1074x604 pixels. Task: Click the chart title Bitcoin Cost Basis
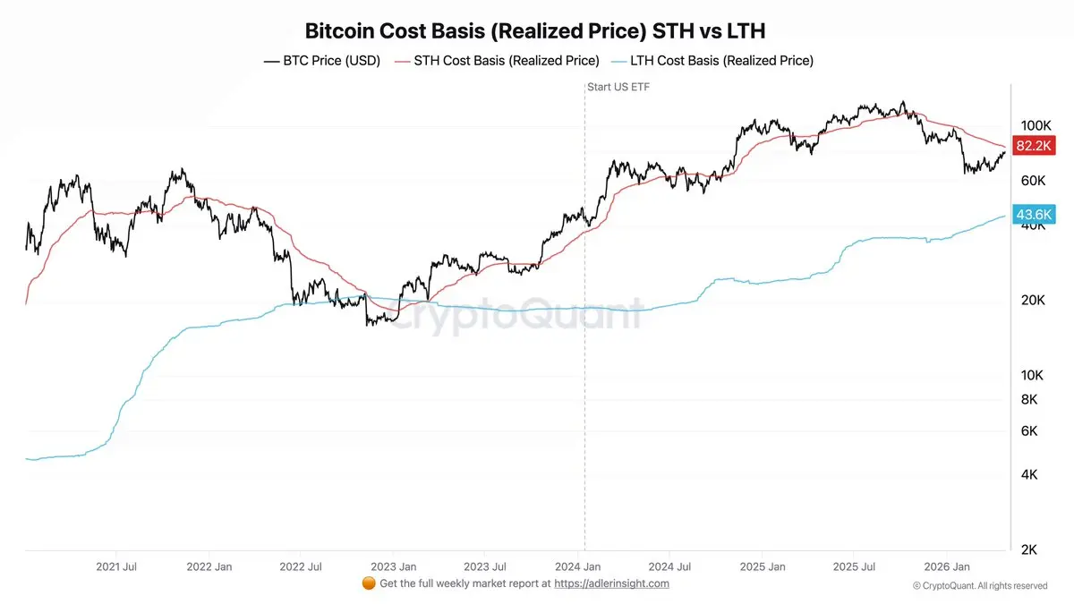(x=535, y=31)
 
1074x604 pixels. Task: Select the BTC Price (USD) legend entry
(x=322, y=61)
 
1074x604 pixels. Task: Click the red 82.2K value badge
(x=1034, y=145)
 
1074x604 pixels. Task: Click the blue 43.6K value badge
(x=1034, y=215)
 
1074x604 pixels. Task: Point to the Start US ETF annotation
(x=618, y=87)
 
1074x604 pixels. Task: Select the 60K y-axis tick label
(x=1034, y=180)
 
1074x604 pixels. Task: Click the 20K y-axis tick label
(x=1034, y=300)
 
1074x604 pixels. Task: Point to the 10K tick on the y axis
(x=1034, y=375)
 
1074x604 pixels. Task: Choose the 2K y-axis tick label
(x=1029, y=549)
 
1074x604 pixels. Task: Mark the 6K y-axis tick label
(x=1029, y=430)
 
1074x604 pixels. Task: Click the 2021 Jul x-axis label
(x=115, y=566)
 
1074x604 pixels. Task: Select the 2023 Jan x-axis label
(x=394, y=566)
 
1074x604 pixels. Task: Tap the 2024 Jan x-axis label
(x=578, y=566)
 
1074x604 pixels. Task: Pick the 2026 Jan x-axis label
(x=948, y=566)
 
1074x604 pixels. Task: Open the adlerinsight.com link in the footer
(x=611, y=583)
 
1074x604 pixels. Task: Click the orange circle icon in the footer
(x=368, y=583)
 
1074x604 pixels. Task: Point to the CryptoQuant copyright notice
(x=979, y=585)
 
